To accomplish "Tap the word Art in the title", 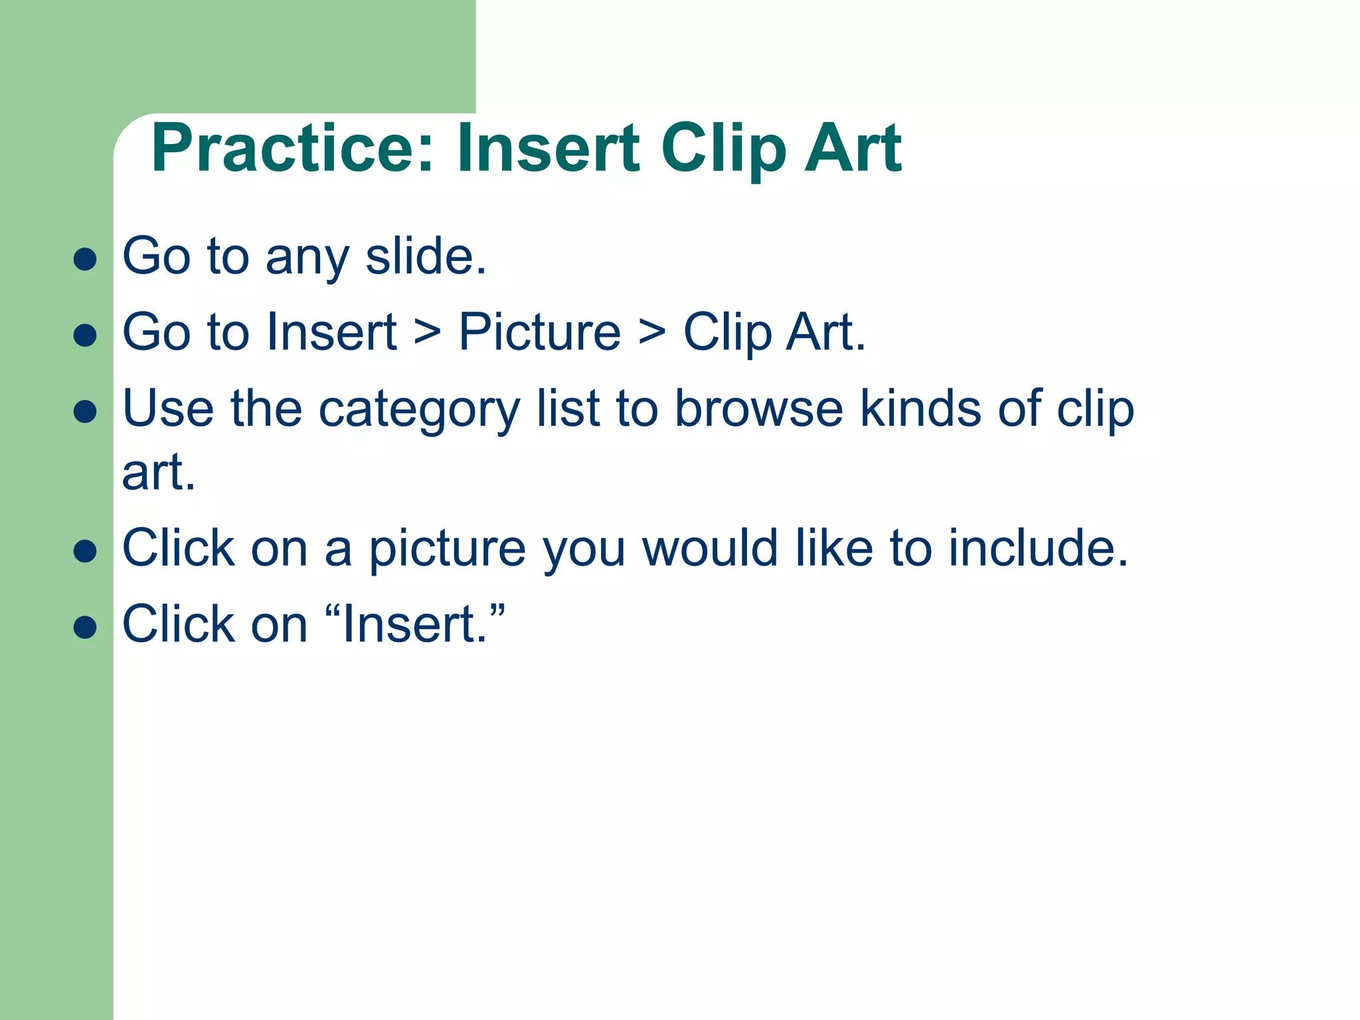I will point(853,149).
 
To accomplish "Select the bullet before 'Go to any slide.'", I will point(85,259).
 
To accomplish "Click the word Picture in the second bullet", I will point(539,332).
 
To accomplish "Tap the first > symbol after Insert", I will point(427,332).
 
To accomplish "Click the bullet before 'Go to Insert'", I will point(85,335).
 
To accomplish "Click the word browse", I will point(758,408).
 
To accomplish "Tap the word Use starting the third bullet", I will point(168,408).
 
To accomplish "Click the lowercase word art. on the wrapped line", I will point(159,473).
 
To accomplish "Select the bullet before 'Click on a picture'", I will point(85,551).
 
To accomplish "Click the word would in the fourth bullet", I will point(710,549).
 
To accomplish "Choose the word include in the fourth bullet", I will point(1037,549).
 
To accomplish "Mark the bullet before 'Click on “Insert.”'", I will point(85,627).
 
